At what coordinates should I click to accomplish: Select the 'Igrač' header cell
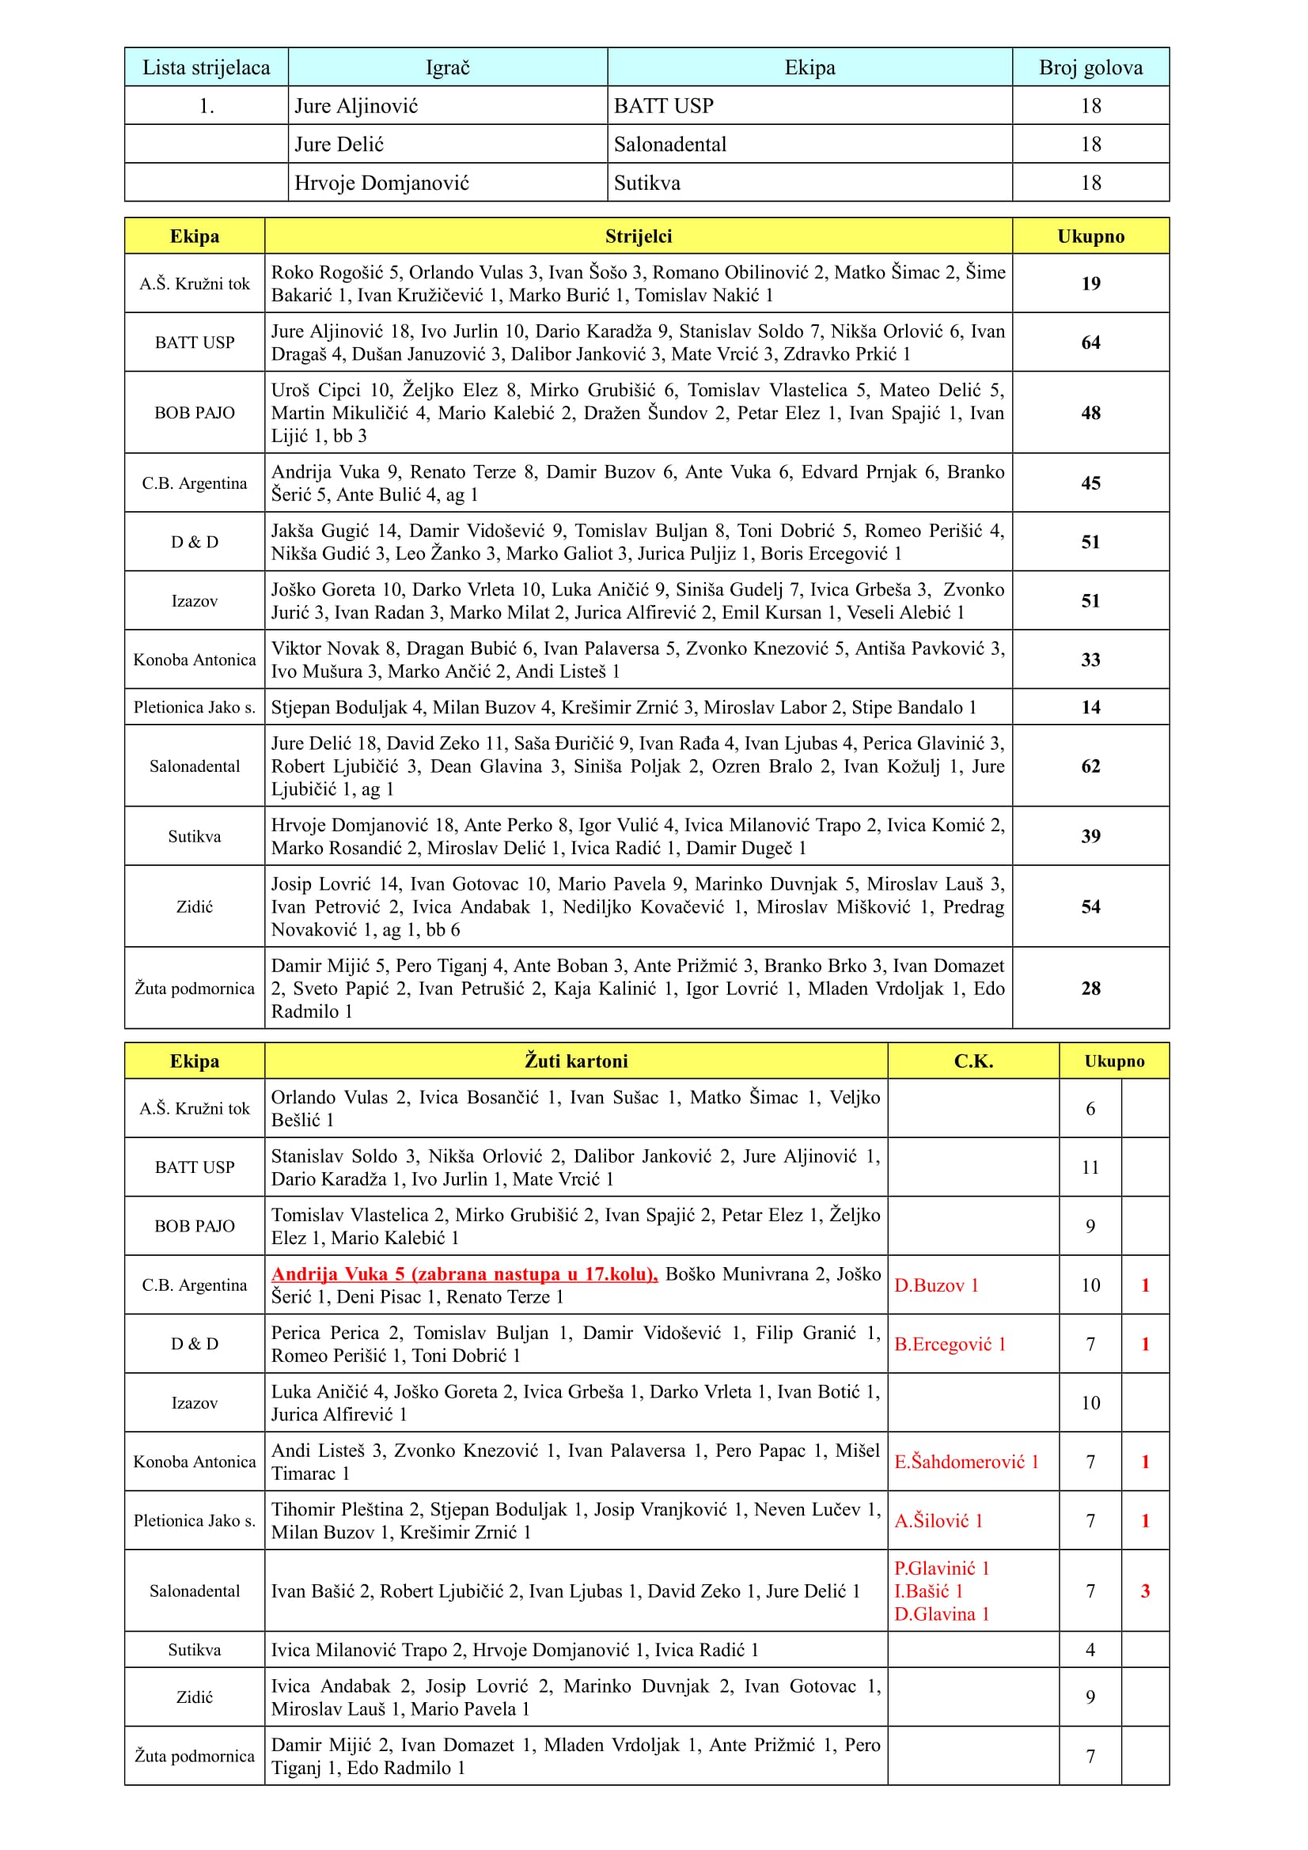[x=447, y=68]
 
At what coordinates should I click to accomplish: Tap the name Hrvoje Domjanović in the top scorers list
[x=381, y=183]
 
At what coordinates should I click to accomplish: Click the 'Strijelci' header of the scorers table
[x=639, y=236]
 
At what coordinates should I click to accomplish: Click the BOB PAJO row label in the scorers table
[x=194, y=413]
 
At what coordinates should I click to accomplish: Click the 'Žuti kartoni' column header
[x=576, y=1061]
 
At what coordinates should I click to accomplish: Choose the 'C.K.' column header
[x=972, y=1061]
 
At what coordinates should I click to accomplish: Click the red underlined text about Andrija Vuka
[x=464, y=1274]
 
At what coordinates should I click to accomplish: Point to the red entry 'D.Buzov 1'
[x=935, y=1285]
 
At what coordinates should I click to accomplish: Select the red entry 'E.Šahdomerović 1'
[x=965, y=1462]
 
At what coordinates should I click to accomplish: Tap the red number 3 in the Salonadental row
[x=1144, y=1591]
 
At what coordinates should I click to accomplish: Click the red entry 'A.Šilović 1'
[x=938, y=1520]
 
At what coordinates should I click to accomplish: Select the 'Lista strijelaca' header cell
[x=207, y=68]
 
